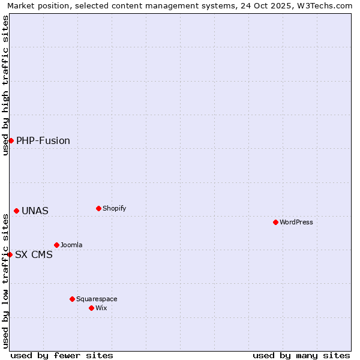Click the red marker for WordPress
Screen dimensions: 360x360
click(275, 223)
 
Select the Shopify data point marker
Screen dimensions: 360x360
click(98, 209)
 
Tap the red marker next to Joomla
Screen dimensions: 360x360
click(56, 245)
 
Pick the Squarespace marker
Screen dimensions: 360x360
click(72, 299)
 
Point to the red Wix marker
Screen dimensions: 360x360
click(91, 308)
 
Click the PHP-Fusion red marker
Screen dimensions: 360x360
click(11, 140)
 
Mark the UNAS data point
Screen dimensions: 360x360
click(16, 211)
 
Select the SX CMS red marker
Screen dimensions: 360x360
click(10, 254)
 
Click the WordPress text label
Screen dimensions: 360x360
click(296, 223)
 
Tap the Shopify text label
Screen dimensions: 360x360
click(114, 209)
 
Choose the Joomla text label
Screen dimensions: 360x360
click(71, 245)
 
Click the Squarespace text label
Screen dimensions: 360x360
click(97, 299)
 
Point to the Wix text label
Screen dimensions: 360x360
click(101, 308)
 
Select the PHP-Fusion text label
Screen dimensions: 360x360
click(43, 141)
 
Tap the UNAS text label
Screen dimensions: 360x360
click(35, 211)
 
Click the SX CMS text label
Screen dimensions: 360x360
click(34, 255)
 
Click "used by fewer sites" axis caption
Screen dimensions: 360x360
click(62, 355)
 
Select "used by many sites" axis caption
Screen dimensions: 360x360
click(301, 355)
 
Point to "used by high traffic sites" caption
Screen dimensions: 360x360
click(5, 85)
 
